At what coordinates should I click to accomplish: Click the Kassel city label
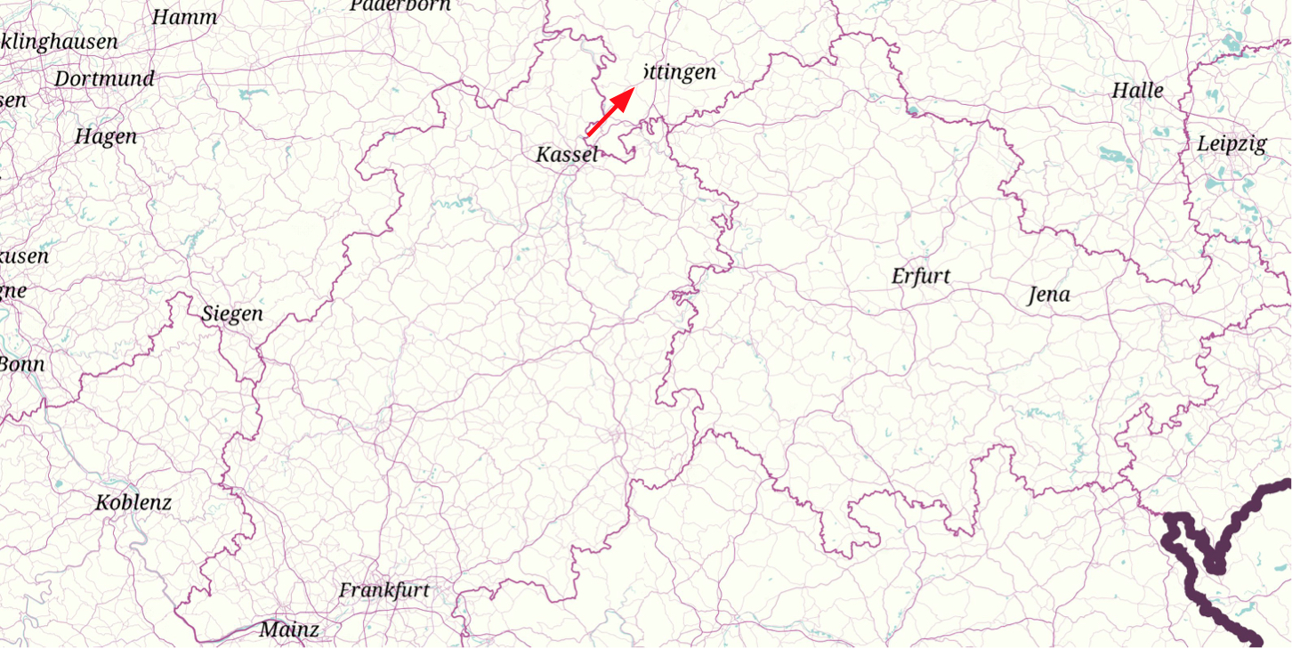coord(566,155)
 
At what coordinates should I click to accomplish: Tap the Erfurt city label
coord(920,276)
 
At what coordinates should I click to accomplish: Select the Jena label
coord(1048,295)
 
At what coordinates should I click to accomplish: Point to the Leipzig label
coord(1231,144)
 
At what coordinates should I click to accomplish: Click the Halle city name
coord(1137,91)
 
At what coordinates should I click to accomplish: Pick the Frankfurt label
coord(384,590)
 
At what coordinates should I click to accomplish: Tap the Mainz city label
coord(288,630)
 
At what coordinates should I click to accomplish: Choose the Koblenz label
coord(133,503)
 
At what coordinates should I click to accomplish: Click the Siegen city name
coord(231,314)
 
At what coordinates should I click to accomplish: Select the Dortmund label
coord(104,78)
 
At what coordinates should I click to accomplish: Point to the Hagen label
coord(106,137)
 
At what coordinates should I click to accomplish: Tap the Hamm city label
coord(184,17)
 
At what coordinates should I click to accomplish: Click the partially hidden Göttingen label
coord(678,73)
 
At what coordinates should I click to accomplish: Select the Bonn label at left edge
coord(21,364)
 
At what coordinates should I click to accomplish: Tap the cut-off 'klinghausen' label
coord(59,42)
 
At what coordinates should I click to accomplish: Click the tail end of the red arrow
coord(588,134)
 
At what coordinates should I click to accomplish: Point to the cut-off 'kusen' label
coord(24,256)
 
